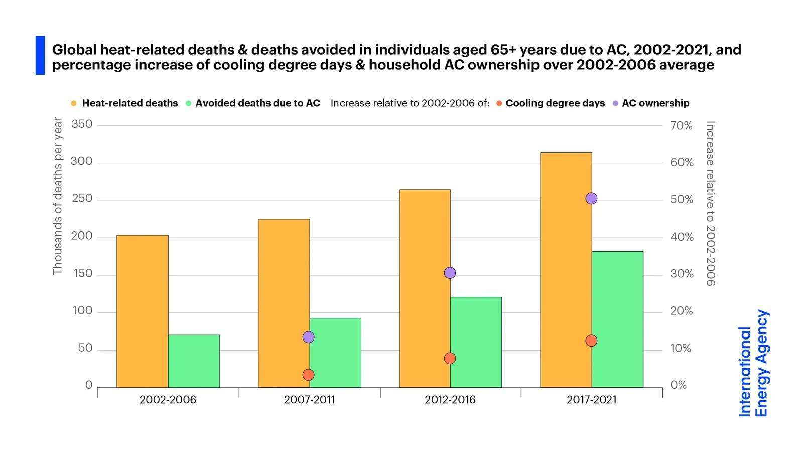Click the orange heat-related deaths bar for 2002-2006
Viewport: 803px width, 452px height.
point(143,311)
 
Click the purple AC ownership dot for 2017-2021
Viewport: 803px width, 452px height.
point(591,198)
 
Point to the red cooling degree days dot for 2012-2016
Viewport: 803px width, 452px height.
point(450,358)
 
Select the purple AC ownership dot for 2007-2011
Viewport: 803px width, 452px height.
point(309,337)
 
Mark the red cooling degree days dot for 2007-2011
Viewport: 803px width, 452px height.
point(309,375)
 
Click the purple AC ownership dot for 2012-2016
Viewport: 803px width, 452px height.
point(450,273)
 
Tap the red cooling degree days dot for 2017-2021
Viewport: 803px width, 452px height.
point(591,341)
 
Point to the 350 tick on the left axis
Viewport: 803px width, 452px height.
point(82,124)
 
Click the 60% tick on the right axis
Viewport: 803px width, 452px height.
point(682,162)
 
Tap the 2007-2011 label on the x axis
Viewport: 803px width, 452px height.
point(309,400)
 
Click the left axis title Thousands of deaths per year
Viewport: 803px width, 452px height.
point(58,196)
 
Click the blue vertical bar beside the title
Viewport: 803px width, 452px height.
point(40,55)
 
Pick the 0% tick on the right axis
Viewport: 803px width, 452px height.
point(678,385)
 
